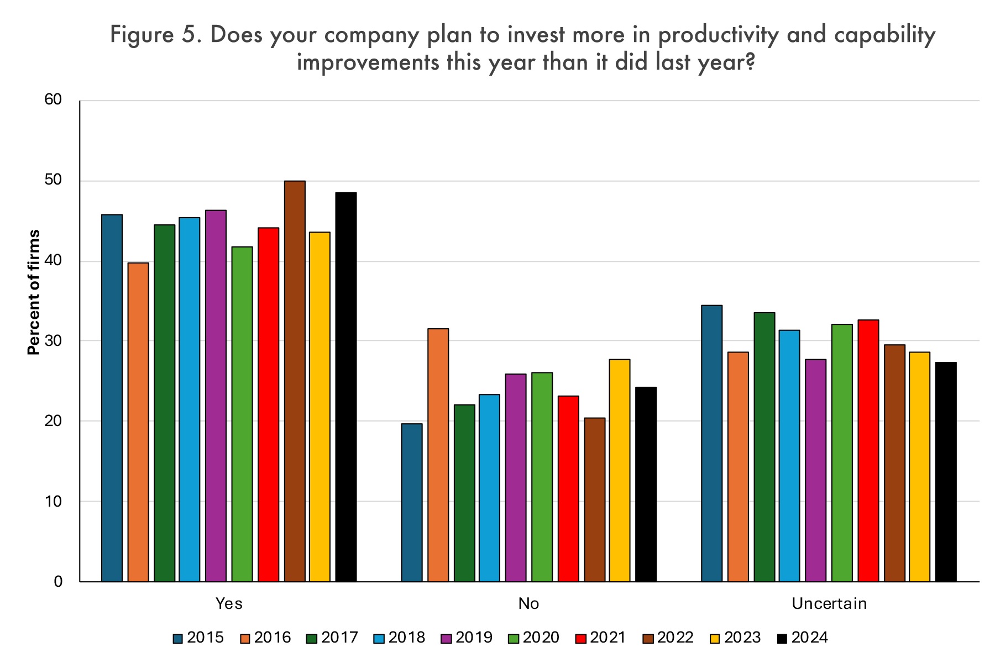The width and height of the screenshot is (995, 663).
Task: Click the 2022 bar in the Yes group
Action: (295, 381)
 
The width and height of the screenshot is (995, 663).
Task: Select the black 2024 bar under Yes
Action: (346, 387)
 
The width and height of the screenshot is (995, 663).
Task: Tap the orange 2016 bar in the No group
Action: (438, 455)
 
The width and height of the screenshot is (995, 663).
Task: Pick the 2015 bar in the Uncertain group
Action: (712, 443)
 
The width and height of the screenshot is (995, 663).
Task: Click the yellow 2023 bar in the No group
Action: (620, 470)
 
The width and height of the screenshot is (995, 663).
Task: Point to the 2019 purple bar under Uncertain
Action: (816, 470)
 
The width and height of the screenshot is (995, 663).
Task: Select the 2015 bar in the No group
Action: (412, 502)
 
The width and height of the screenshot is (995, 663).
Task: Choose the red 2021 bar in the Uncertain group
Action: (868, 450)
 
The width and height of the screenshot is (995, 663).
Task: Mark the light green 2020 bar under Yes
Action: (242, 414)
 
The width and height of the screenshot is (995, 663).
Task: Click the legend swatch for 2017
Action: (311, 639)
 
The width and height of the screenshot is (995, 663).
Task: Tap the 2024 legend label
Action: (810, 638)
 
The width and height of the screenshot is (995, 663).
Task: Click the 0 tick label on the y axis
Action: (58, 581)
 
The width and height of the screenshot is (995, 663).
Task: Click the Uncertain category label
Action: (829, 603)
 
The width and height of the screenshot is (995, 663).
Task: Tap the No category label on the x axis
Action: (528, 603)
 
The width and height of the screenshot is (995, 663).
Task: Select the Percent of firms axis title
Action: (34, 292)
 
